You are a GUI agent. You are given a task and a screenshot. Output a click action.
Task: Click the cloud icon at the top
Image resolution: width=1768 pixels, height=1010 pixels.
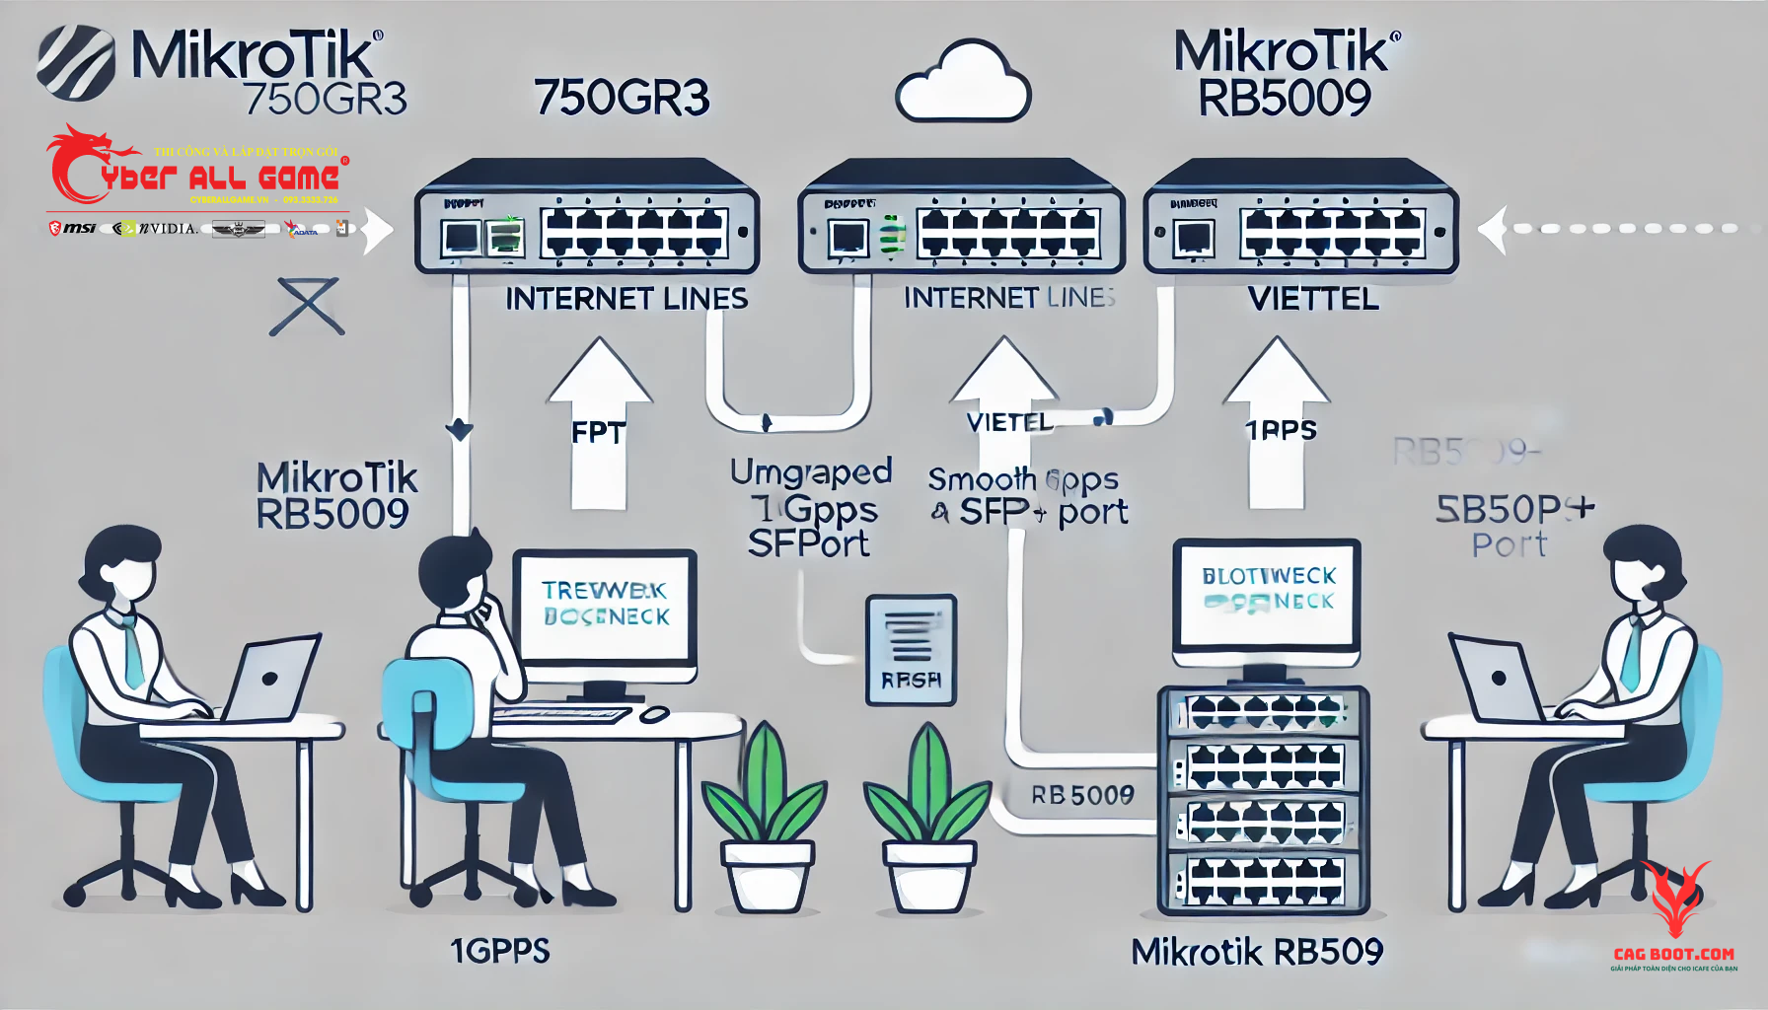[x=962, y=84]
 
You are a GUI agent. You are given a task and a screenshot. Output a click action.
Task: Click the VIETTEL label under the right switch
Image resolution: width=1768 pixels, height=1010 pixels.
[x=1312, y=299]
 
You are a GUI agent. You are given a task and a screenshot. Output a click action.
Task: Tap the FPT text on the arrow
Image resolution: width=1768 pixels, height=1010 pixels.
[x=598, y=432]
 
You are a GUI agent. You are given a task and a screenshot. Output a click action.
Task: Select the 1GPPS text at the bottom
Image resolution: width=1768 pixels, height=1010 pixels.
[x=500, y=951]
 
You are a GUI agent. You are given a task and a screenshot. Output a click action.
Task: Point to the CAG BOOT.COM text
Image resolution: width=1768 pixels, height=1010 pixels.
[x=1673, y=954]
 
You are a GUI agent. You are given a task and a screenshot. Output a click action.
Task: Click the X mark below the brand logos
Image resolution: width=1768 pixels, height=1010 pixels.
[x=308, y=307]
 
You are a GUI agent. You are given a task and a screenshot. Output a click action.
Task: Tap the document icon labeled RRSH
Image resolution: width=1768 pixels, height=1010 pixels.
[x=911, y=649]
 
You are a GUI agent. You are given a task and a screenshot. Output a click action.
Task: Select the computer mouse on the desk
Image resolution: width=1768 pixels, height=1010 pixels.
[x=654, y=714]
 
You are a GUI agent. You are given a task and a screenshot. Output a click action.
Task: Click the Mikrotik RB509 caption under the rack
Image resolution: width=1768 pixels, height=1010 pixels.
[x=1257, y=952]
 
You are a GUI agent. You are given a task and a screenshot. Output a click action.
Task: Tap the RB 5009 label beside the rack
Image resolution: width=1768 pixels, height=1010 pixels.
[x=1082, y=795]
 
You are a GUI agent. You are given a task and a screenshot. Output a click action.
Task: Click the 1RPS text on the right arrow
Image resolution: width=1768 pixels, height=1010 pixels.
[x=1280, y=430]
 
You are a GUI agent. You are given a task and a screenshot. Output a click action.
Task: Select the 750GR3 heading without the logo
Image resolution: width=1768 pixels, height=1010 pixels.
[x=622, y=98]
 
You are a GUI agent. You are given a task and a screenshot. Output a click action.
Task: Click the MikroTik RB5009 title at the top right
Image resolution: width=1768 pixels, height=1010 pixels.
[x=1286, y=75]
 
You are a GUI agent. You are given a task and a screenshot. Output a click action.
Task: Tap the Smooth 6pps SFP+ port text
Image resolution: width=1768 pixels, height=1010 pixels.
[x=1026, y=496]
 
